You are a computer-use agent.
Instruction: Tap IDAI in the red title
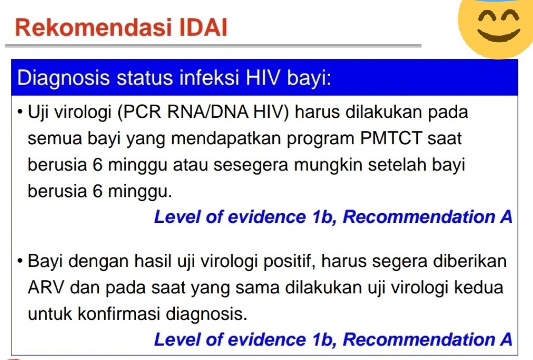[204, 28]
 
